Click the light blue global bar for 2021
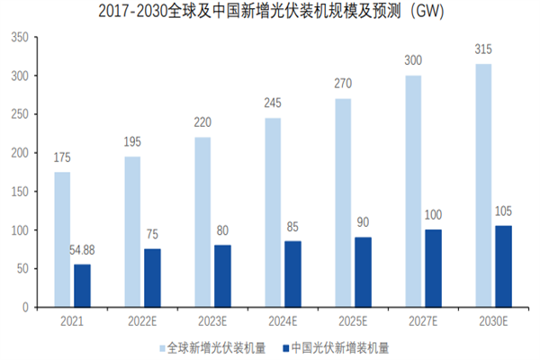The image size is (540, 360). [62, 239]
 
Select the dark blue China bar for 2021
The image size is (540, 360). [83, 285]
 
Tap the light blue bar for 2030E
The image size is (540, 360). [482, 185]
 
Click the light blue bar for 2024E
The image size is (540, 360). [272, 212]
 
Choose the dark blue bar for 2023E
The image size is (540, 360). [223, 275]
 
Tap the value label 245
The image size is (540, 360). [272, 104]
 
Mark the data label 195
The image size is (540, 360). [132, 143]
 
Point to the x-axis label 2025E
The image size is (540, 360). [353, 319]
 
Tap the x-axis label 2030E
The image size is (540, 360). [492, 319]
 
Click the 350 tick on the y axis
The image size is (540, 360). [20, 38]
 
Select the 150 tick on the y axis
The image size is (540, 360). [20, 191]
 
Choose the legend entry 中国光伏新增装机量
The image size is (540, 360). [338, 346]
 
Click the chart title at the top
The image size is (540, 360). [270, 13]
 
